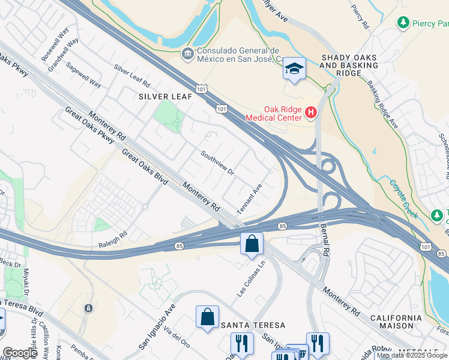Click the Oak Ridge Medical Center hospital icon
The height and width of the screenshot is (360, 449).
pyautogui.click(x=311, y=112)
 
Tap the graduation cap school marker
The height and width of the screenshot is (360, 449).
pyautogui.click(x=294, y=69)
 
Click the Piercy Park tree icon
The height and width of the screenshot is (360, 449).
pyautogui.click(x=403, y=23)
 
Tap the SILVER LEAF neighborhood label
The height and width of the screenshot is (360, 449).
pyautogui.click(x=165, y=96)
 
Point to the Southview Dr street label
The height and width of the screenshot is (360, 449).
pyautogui.click(x=217, y=162)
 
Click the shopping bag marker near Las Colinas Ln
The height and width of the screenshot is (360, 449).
pyautogui.click(x=252, y=244)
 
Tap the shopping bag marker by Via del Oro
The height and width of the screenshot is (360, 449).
pyautogui.click(x=207, y=317)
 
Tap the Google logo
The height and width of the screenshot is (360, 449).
pyautogui.click(x=20, y=353)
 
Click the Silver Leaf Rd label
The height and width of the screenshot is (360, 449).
pyautogui.click(x=131, y=76)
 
